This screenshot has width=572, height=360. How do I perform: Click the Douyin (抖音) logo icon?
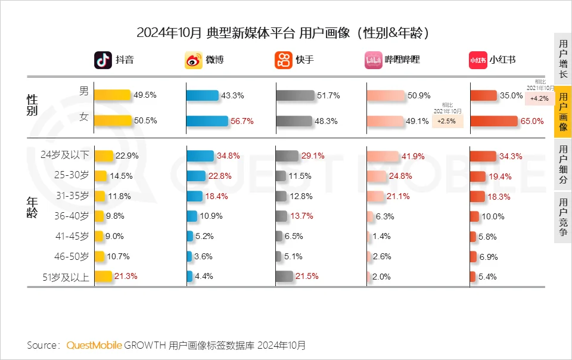pos(103,60)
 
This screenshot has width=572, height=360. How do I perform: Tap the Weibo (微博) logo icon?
pos(193,60)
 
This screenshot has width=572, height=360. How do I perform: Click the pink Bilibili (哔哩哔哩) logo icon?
pos(374,60)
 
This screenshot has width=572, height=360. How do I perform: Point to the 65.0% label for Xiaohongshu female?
pos(533,121)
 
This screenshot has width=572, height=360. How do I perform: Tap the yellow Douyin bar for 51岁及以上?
pos(104,277)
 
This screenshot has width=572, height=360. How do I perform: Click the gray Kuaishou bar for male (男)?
pos(295,95)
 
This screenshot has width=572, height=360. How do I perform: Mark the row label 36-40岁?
pos(72,216)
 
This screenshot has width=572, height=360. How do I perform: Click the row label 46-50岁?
pos(72,256)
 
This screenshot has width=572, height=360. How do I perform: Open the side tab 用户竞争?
pos(563,218)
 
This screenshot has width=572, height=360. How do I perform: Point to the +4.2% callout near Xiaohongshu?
pos(540,99)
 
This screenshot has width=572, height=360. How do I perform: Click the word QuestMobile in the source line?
pos(94,345)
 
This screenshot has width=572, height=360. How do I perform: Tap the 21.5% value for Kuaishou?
pos(308,277)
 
